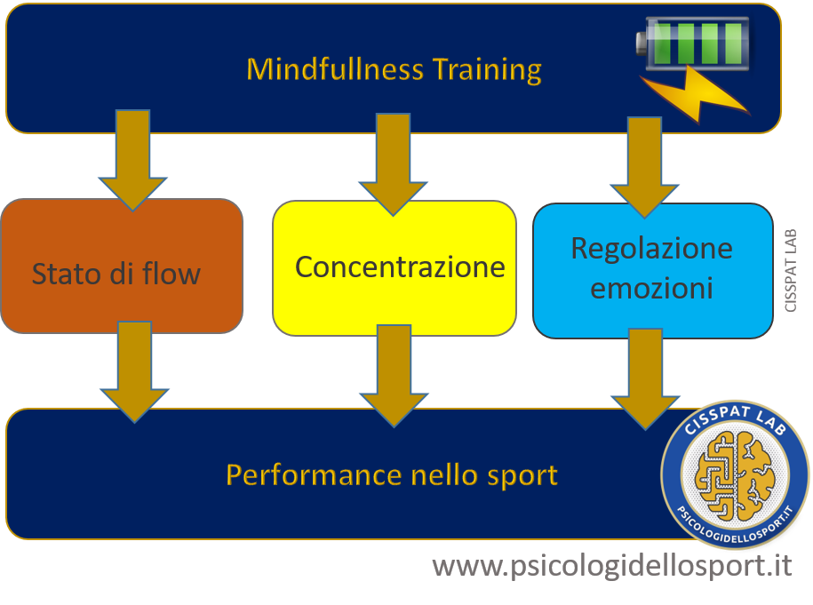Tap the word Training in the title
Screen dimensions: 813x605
(488, 70)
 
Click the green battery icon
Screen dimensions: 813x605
(693, 44)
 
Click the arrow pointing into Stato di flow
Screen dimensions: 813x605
(132, 161)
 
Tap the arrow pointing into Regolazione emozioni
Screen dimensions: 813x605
(644, 167)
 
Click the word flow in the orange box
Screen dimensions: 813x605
(171, 274)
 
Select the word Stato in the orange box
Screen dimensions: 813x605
(66, 274)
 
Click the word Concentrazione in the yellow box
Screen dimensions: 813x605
(400, 267)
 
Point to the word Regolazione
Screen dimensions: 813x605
(652, 249)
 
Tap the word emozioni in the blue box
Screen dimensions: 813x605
(652, 288)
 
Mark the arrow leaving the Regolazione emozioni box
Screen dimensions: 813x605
(645, 379)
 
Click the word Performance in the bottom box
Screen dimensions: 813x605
(315, 475)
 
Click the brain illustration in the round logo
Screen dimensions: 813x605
(735, 475)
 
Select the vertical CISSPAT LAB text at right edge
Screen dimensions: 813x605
(791, 271)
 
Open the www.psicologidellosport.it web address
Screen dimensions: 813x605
(612, 565)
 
